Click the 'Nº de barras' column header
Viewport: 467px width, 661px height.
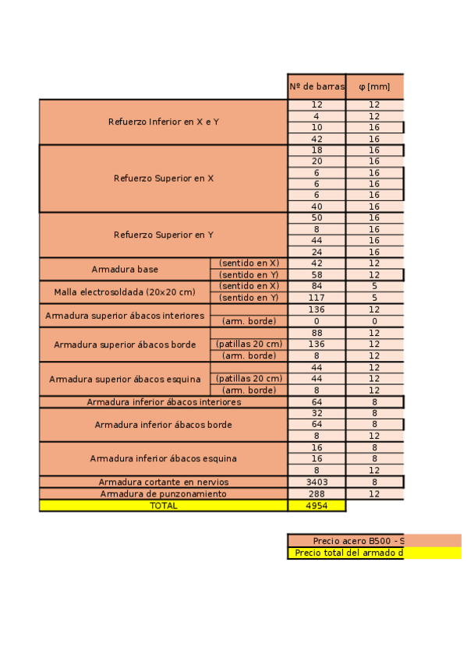(x=317, y=87)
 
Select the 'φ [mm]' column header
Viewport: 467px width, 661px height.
(x=374, y=87)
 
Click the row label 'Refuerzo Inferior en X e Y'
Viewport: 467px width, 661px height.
(x=163, y=122)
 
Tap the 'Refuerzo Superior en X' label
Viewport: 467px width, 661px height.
(x=163, y=179)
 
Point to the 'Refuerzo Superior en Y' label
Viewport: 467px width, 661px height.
(x=163, y=235)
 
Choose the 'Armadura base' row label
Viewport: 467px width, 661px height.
(x=125, y=269)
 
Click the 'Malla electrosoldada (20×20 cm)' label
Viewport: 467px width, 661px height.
(x=125, y=292)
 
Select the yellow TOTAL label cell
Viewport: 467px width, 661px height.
(x=163, y=505)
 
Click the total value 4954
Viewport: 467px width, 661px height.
(x=317, y=505)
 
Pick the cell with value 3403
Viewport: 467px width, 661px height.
(x=317, y=482)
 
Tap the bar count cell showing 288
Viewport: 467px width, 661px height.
(x=317, y=493)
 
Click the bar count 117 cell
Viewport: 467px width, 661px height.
(x=317, y=297)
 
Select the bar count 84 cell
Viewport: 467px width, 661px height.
(x=317, y=286)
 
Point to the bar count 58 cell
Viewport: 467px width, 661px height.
(x=317, y=274)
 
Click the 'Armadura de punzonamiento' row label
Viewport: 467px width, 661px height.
(x=163, y=493)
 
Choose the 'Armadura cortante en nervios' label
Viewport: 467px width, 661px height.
(x=163, y=482)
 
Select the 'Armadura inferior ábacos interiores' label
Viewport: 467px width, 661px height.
(x=163, y=402)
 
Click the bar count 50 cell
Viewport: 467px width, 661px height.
(x=317, y=217)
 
